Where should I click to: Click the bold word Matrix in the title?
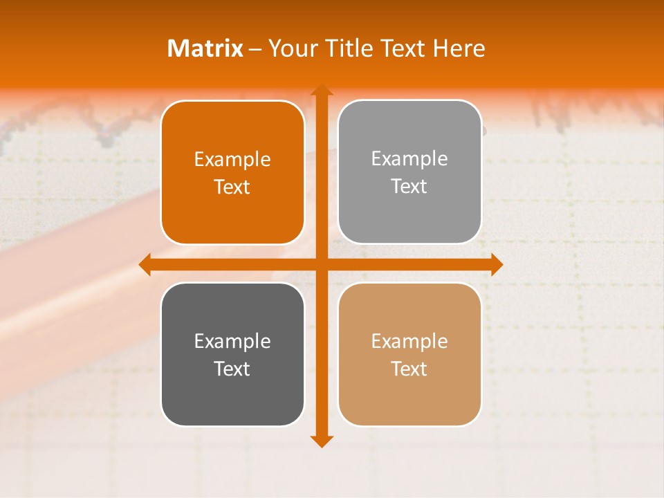205,48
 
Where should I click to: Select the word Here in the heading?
459,48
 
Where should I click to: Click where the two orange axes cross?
321,264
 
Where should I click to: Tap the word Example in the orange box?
232,160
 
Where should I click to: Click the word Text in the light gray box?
409,187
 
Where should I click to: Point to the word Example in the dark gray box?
232,341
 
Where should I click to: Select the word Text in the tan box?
409,369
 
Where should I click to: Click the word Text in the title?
400,48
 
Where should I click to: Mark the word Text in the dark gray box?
232,369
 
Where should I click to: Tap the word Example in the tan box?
409,341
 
